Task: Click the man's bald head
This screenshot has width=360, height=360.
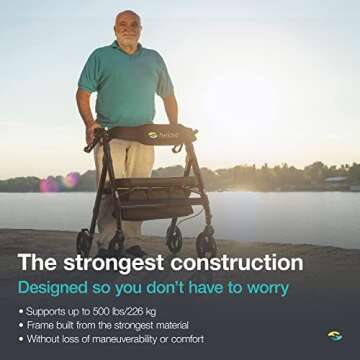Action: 127,21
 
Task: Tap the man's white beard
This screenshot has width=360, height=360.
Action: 128,41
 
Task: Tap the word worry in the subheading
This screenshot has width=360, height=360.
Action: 261,287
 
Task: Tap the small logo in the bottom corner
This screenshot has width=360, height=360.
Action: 333,336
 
